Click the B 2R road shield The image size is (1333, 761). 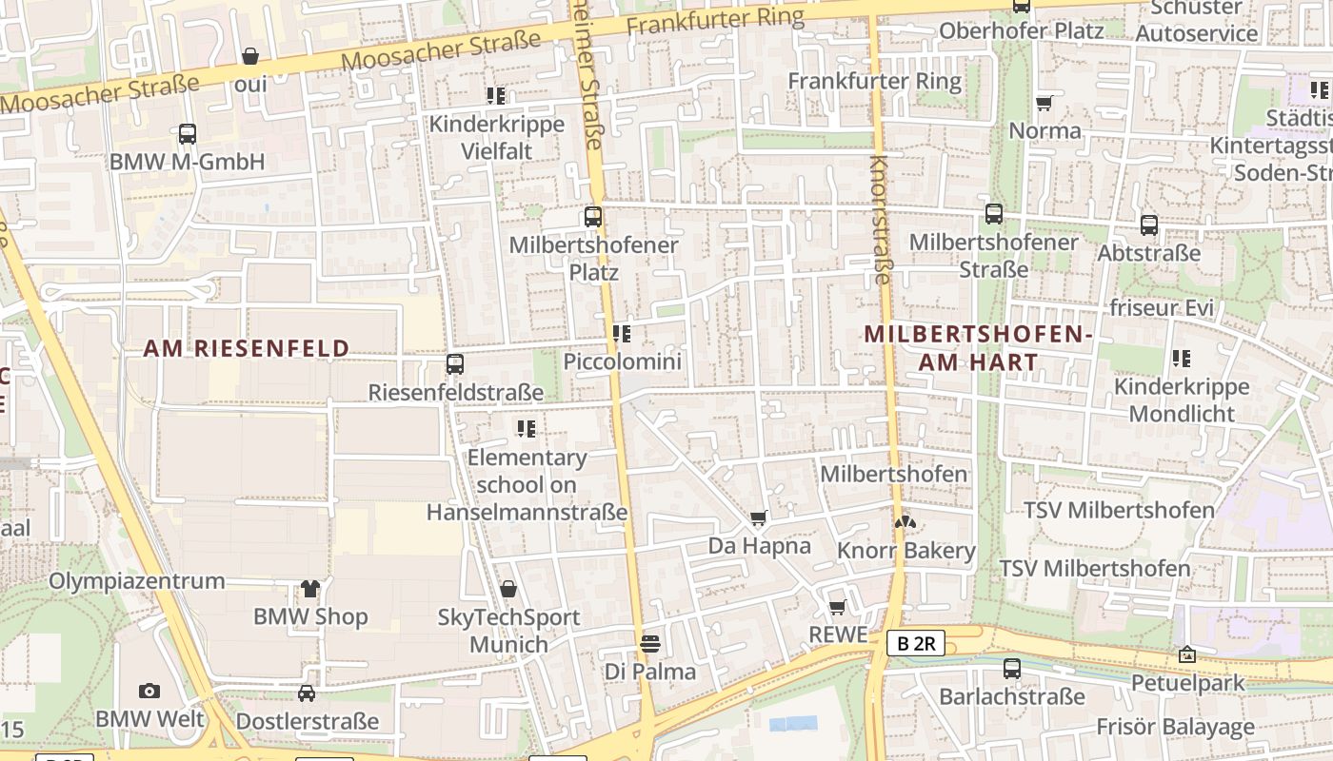click(x=917, y=643)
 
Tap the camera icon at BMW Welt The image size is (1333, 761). click(x=149, y=691)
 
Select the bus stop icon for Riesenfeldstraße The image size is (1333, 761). click(x=455, y=363)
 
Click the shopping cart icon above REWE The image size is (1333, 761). click(x=838, y=607)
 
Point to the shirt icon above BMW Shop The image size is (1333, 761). click(x=310, y=589)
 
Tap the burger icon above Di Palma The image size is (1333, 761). click(x=650, y=644)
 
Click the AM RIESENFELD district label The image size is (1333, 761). click(x=247, y=349)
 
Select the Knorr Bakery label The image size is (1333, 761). click(x=905, y=551)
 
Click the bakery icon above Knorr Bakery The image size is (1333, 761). click(x=905, y=522)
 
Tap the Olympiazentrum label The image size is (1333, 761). click(x=137, y=581)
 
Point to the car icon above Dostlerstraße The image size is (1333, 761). click(x=307, y=693)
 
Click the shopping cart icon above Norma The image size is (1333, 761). click(x=1045, y=103)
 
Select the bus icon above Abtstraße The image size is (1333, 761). click(x=1149, y=225)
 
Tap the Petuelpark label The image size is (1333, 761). click(x=1187, y=683)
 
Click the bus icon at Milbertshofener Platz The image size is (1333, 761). click(x=593, y=217)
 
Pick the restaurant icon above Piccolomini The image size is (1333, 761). click(x=622, y=334)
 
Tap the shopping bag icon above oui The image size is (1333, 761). click(x=250, y=56)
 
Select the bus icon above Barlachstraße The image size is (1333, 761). click(x=1011, y=669)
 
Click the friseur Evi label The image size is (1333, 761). click(x=1162, y=308)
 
